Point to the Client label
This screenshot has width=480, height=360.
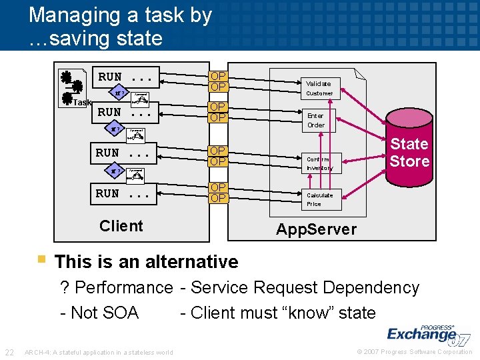[x=121, y=226]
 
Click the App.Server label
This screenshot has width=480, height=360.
[x=316, y=230]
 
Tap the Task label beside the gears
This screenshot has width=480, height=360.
[x=82, y=103]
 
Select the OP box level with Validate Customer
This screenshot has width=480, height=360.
[x=218, y=81]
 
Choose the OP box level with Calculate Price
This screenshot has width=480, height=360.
[x=218, y=193]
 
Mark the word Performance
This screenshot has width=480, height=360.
[x=124, y=288]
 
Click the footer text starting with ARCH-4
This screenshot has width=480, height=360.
[x=98, y=353]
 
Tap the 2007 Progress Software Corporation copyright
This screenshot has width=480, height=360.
[x=415, y=352]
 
